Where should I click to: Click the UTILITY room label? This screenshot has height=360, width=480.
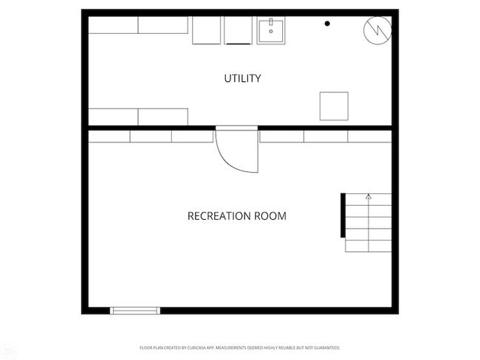(242, 78)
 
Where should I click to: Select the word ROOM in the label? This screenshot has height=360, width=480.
(271, 216)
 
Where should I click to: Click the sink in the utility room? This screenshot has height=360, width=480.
(272, 31)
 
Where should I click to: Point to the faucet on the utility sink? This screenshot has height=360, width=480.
(272, 22)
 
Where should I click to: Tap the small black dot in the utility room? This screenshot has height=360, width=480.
(327, 24)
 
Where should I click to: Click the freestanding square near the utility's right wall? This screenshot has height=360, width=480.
(334, 105)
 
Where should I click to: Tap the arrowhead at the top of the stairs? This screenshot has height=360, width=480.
(368, 197)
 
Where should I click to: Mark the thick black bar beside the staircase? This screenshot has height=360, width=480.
(343, 215)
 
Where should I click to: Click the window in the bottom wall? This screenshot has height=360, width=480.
(134, 311)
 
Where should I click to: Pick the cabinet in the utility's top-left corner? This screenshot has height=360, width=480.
(113, 26)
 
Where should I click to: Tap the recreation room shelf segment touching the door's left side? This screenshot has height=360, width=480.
(193, 136)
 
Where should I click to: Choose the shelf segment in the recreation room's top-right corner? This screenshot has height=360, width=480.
(369, 136)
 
